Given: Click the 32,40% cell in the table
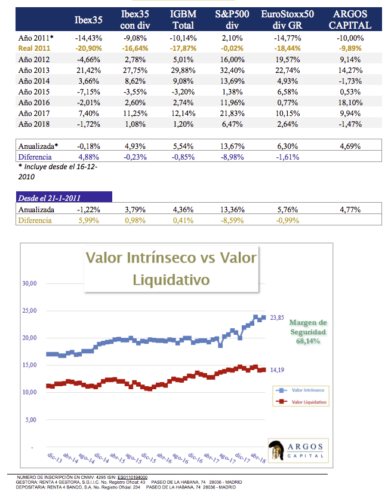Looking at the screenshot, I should [x=230, y=70].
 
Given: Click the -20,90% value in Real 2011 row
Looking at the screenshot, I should [x=88, y=48].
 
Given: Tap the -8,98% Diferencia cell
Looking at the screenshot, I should [x=230, y=156].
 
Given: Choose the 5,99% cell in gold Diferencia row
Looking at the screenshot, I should [x=88, y=220].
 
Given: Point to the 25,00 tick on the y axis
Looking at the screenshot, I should [x=29, y=311].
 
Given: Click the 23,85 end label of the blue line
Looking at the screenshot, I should [x=278, y=317].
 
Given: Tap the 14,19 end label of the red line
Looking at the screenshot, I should [x=278, y=370].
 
